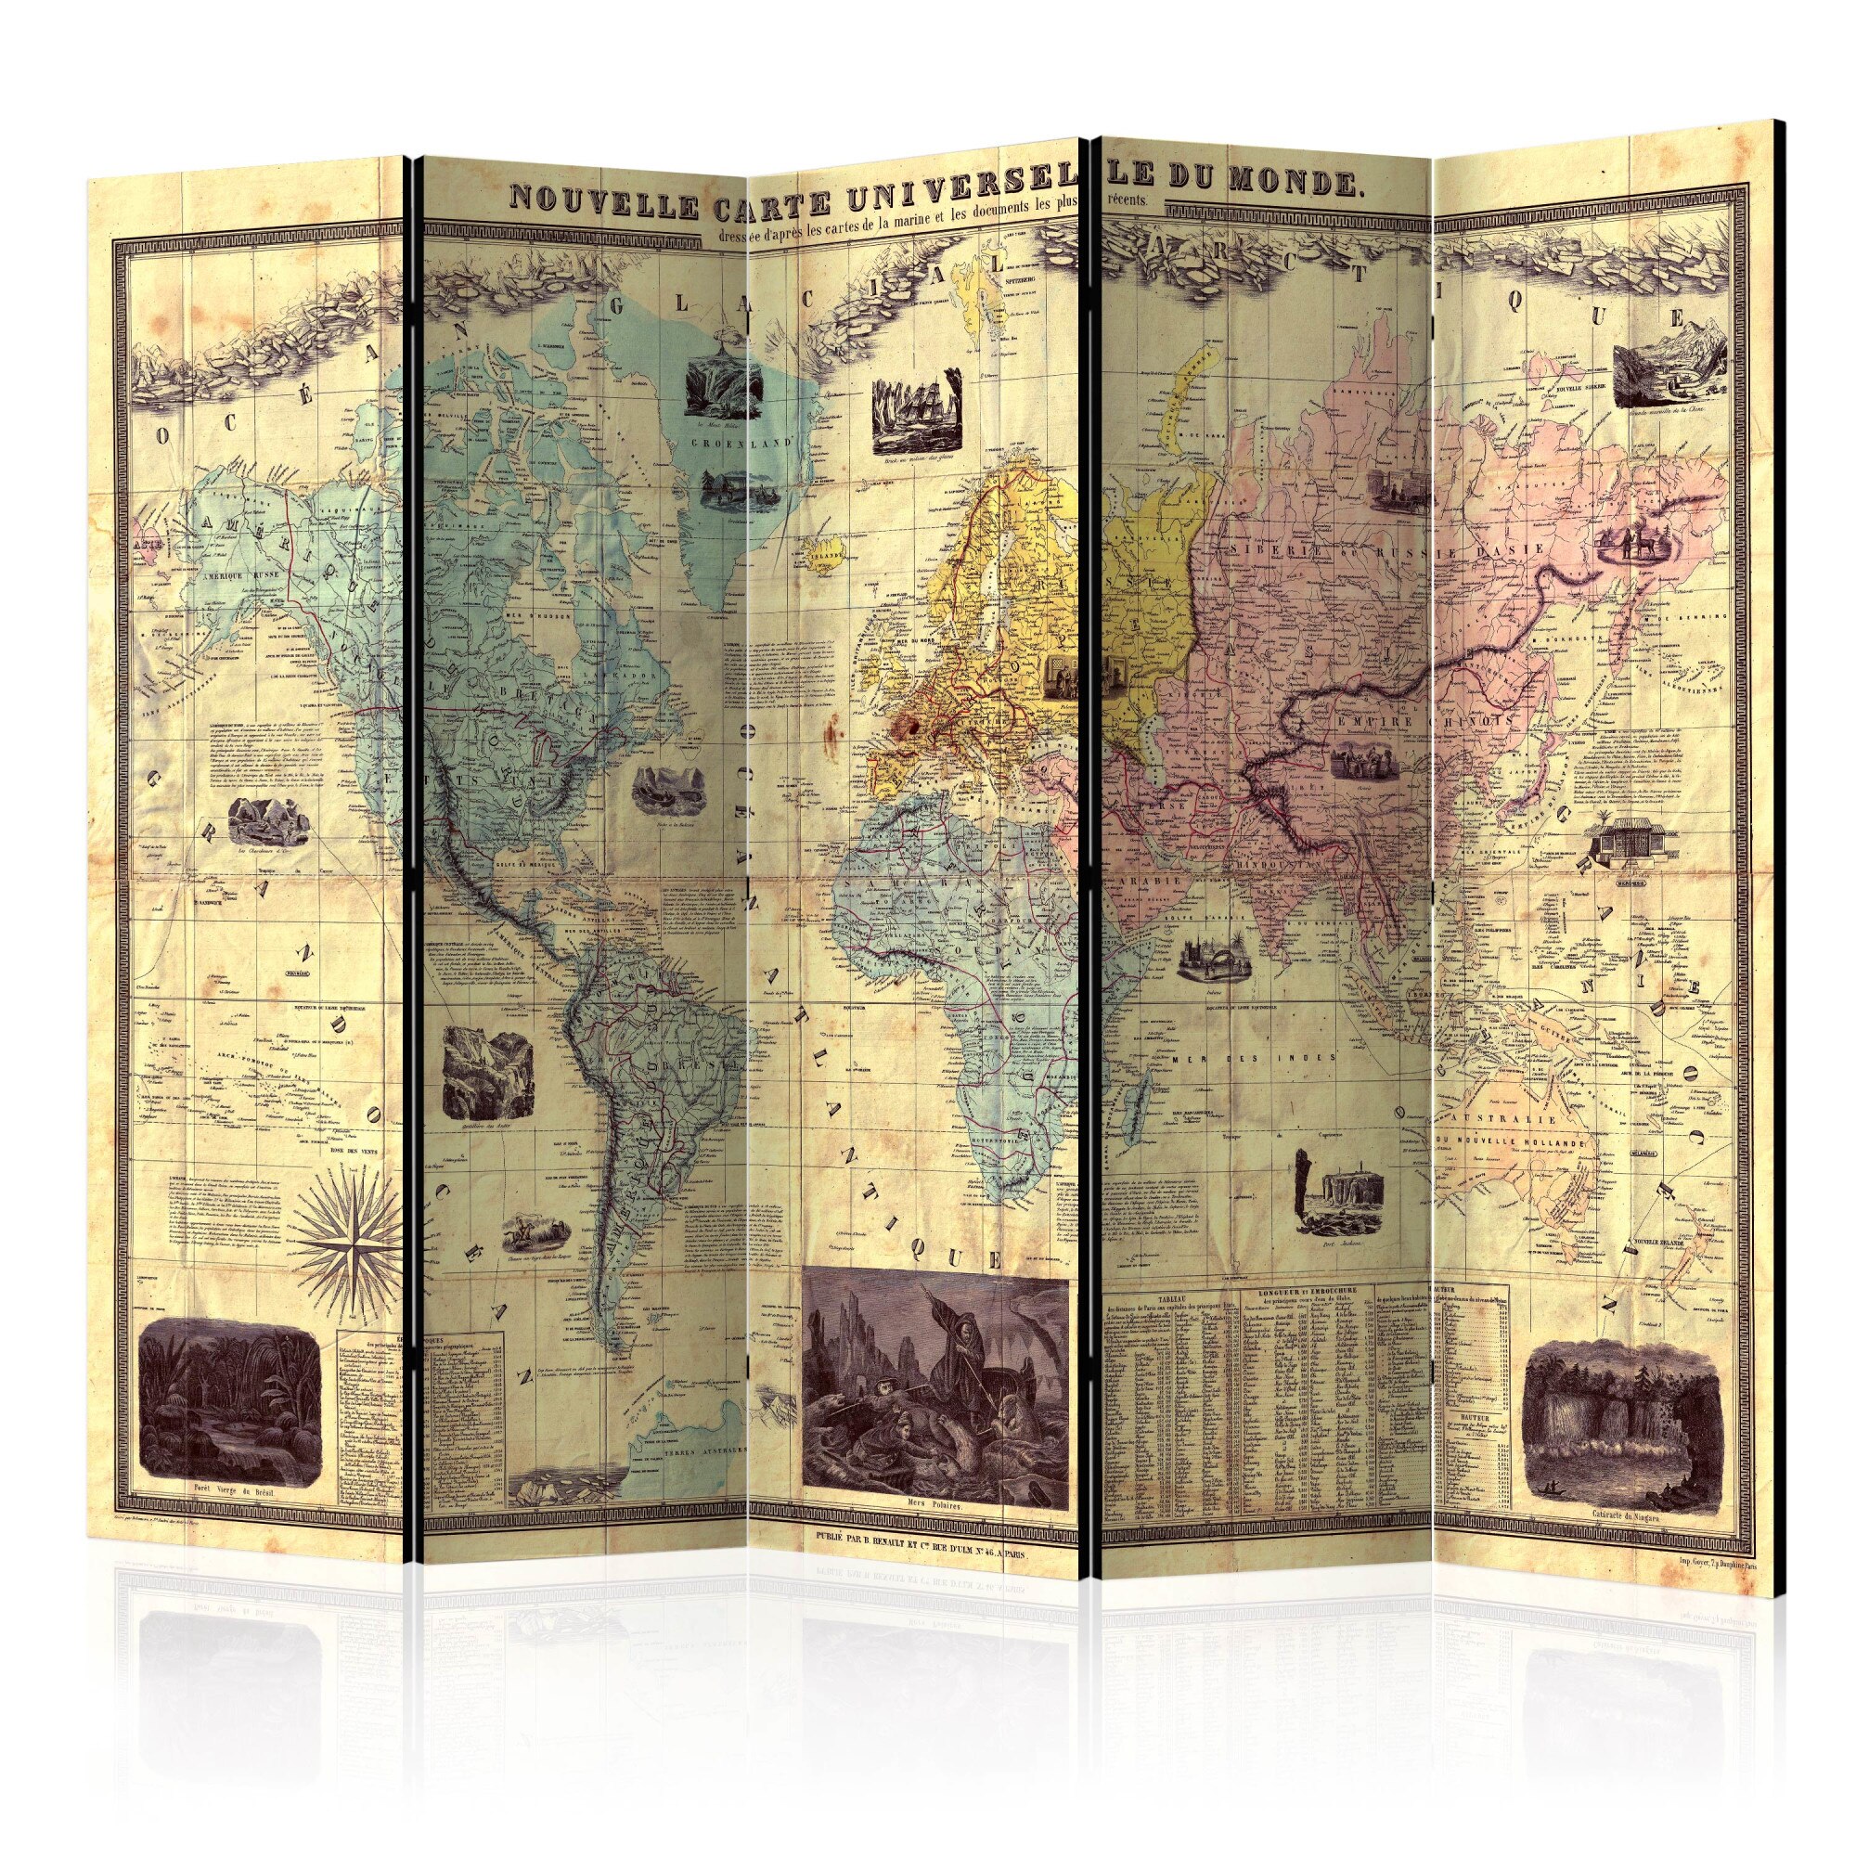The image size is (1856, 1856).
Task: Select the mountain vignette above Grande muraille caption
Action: pos(1662,377)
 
